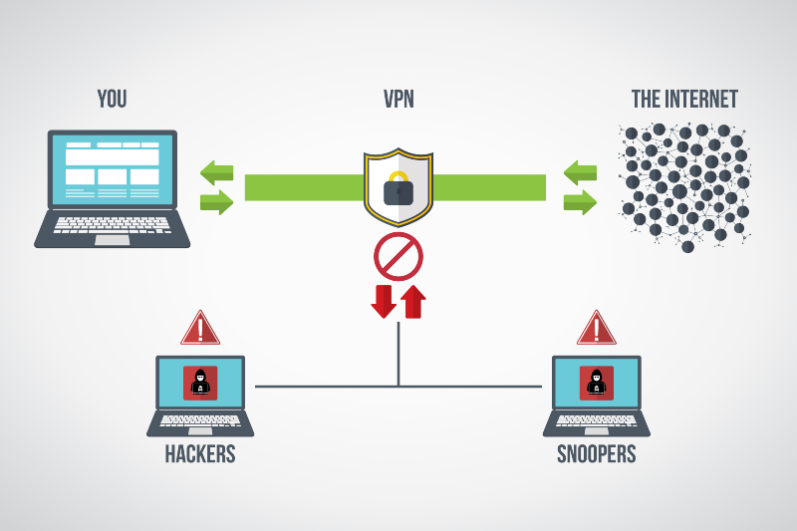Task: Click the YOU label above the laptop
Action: (x=112, y=99)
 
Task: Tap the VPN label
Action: (x=398, y=99)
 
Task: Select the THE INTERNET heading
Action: (x=684, y=99)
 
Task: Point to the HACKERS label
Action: (x=200, y=453)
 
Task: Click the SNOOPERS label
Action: (x=596, y=453)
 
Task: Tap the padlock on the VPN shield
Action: (x=398, y=188)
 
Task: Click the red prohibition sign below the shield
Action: (x=398, y=257)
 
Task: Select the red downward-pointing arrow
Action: (x=384, y=301)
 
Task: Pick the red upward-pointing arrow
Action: (x=413, y=301)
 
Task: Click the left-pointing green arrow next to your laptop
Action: (x=216, y=172)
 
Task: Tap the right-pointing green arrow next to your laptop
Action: (x=216, y=202)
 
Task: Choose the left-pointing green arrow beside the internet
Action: (x=580, y=172)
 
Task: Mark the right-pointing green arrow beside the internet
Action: (x=580, y=202)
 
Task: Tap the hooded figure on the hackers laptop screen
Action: (x=200, y=383)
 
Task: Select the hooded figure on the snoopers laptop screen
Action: (x=596, y=383)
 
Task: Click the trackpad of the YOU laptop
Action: (x=113, y=240)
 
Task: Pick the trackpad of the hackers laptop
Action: (x=200, y=431)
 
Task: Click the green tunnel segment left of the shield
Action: (x=305, y=187)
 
